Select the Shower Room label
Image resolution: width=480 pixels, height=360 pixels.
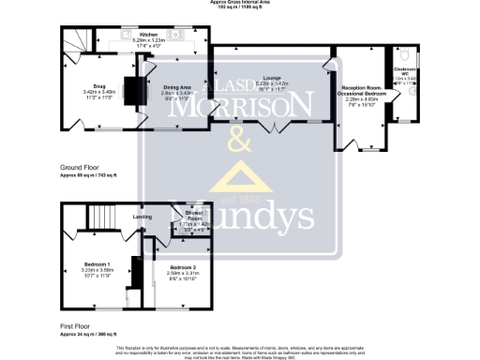tap(194, 216)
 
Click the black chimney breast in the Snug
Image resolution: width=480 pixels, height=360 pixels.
tap(133, 90)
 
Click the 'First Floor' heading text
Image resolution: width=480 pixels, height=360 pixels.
tap(75, 328)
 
